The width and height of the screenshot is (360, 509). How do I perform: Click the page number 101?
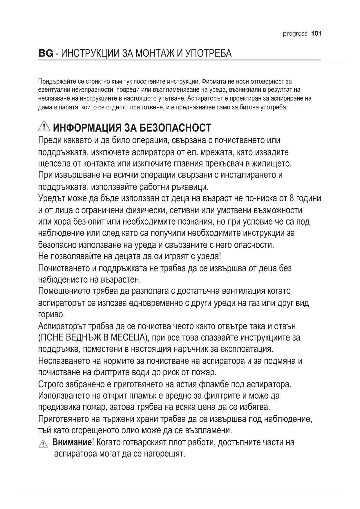click(316, 34)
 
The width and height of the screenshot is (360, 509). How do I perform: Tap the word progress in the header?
click(295, 34)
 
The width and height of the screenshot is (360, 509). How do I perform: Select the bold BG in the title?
click(46, 54)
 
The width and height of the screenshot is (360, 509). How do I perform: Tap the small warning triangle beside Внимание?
click(43, 444)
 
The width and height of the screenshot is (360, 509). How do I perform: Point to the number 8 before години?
click(292, 198)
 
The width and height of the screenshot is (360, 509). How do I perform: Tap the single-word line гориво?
click(52, 315)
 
